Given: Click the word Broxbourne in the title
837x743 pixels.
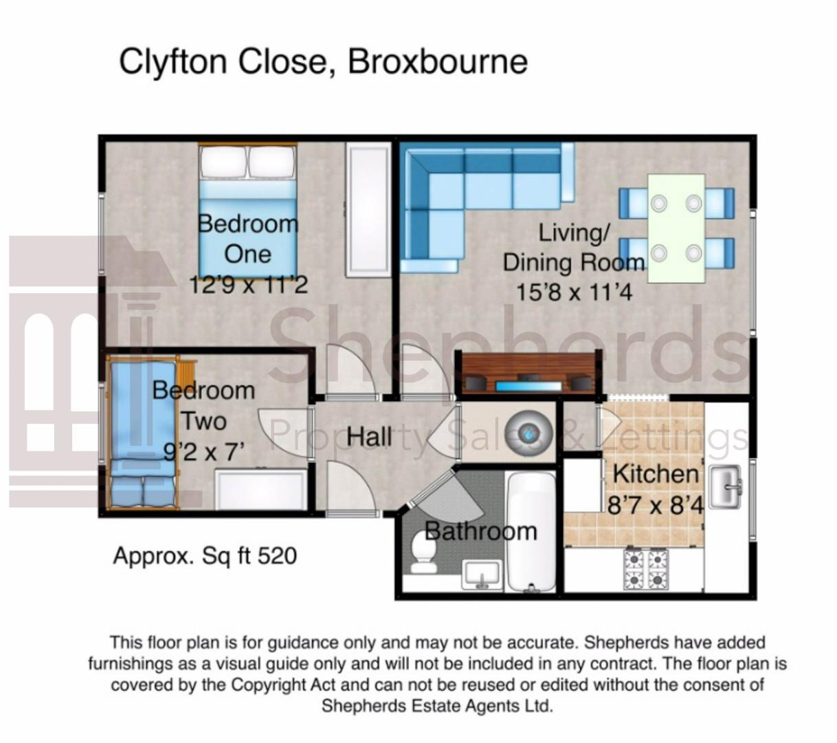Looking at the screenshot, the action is coord(438,62).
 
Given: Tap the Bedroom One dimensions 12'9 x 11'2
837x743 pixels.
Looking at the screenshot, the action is coord(249,285).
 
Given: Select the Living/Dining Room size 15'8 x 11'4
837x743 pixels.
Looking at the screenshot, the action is coord(574,292).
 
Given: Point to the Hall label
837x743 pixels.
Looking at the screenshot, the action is coord(369,436).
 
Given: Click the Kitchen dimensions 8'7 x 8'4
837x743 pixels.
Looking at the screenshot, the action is coord(656,505).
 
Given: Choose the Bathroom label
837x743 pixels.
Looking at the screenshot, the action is coord(481,531).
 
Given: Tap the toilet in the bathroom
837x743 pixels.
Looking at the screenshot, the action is coord(423,552).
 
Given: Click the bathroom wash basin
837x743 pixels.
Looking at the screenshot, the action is coord(482,574).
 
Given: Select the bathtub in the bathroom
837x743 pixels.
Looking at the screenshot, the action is coord(531,532).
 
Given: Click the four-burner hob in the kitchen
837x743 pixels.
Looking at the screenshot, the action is coord(646,569).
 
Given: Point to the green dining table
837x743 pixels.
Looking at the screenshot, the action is coord(676,228).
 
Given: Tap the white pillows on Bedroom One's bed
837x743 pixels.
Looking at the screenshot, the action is coord(248,162).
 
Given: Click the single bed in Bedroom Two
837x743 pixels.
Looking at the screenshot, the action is coord(143,432).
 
